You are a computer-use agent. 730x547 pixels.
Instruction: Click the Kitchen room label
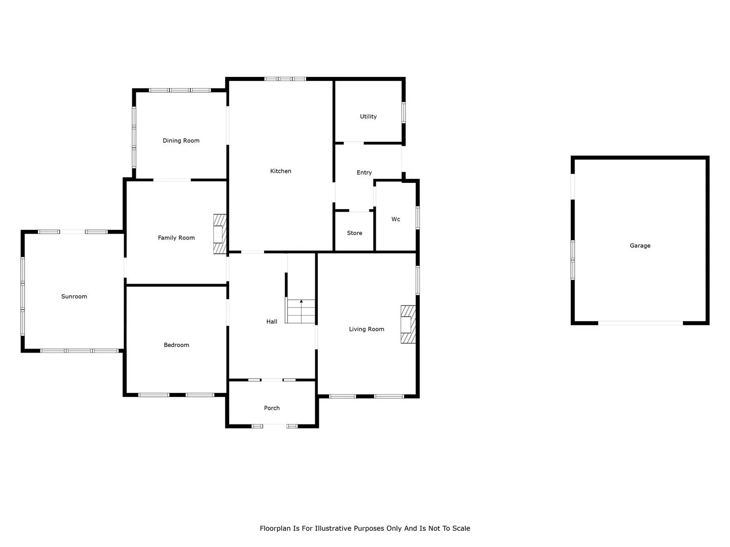(280, 171)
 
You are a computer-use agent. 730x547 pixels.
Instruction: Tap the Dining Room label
(181, 140)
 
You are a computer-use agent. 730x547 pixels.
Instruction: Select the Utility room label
(368, 116)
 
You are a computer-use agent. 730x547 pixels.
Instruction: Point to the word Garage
(640, 246)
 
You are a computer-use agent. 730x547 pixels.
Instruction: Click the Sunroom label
(74, 297)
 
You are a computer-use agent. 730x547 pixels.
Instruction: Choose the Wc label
(396, 219)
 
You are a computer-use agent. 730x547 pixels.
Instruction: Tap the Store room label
(354, 233)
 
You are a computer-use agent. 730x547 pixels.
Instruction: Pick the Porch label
(272, 408)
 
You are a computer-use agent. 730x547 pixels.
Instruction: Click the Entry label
(364, 173)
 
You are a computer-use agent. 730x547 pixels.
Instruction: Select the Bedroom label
(176, 345)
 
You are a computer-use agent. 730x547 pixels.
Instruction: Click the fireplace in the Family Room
(220, 234)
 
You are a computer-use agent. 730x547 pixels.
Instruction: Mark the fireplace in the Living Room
(408, 325)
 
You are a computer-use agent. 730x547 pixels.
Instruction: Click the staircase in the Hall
(300, 311)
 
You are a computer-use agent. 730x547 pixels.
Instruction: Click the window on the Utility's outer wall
(404, 112)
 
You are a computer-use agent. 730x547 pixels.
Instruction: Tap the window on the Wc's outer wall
(418, 218)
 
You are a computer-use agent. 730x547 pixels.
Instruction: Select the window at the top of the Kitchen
(285, 79)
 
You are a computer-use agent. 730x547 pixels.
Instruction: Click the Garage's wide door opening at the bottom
(641, 323)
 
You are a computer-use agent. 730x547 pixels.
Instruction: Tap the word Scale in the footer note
(461, 528)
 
